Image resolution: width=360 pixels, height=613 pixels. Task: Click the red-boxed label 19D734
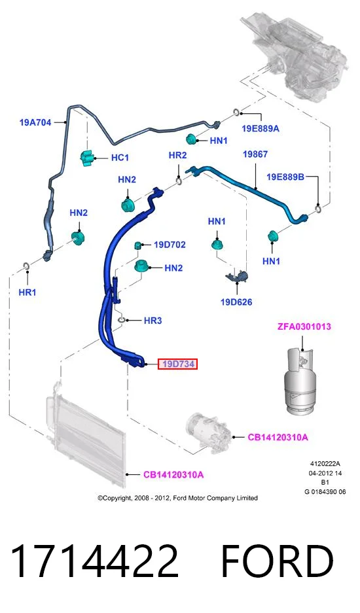pos(177,364)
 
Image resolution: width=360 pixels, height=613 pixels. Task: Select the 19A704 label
pos(35,122)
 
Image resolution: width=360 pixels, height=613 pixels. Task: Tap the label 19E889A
pos(261,129)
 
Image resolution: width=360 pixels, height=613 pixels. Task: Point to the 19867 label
pos(255,154)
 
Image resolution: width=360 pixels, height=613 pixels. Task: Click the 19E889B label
pos(285,177)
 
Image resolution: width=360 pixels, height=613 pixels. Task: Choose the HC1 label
pos(120,158)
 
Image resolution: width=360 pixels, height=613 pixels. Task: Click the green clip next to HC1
pos(88,158)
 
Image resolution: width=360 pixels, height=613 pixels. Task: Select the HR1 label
pos(27,292)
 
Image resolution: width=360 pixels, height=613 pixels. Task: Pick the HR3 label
pos(153,321)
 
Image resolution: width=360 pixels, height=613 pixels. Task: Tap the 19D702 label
pos(170,245)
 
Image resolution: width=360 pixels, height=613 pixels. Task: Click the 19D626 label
pos(236,302)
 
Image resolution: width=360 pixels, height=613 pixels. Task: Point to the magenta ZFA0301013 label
pos(304,326)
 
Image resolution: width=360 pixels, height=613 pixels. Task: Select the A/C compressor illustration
pos(209,433)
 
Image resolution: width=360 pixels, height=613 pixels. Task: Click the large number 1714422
pos(94,561)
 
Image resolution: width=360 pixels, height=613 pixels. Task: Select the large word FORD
pos(278,561)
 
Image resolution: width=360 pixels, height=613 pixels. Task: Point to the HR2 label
pos(177,155)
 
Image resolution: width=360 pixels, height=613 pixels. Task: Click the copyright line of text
pos(177,498)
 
